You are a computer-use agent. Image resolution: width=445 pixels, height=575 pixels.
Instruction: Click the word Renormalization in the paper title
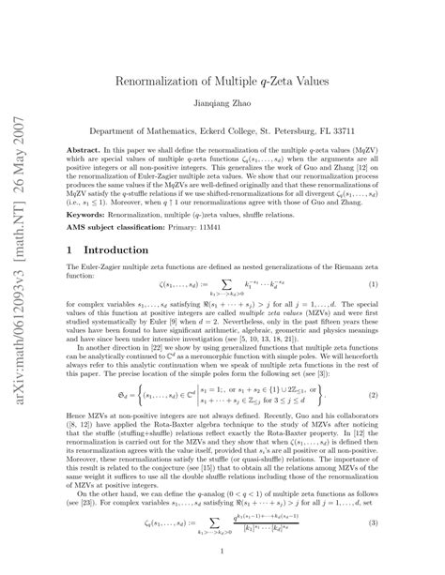pos(164,80)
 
